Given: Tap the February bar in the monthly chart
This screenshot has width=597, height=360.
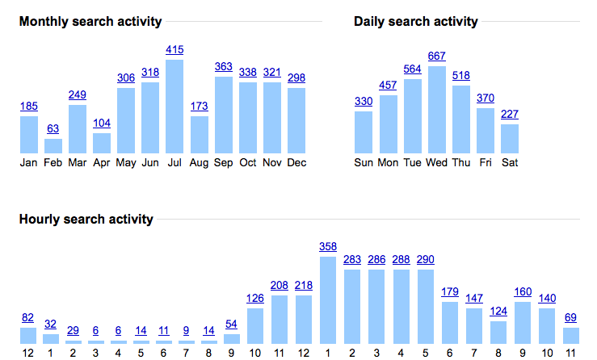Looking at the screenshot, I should tap(53, 146).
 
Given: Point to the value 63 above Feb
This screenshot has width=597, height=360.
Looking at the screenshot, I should tap(53, 128).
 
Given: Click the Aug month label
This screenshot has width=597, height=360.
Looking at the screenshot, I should tap(199, 162).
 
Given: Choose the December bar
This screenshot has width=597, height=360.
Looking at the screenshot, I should tap(296, 120).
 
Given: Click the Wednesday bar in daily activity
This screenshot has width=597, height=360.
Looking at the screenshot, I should tap(437, 110).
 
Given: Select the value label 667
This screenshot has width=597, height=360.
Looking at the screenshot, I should tap(437, 56).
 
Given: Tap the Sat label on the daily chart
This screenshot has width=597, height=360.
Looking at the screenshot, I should tap(510, 162).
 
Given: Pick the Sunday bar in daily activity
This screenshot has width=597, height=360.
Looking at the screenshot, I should tap(364, 132).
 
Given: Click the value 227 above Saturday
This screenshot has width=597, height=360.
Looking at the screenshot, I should tap(510, 114).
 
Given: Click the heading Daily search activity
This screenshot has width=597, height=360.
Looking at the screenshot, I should tap(415, 22).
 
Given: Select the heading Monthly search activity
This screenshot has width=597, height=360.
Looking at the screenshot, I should tap(90, 22).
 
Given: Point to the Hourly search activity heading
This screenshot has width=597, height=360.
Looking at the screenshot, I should tap(86, 220).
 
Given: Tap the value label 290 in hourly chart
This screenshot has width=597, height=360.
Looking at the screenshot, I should tap(426, 260).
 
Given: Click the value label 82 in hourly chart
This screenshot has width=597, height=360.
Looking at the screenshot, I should tap(28, 317).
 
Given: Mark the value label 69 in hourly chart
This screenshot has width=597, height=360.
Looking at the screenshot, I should tap(571, 317).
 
